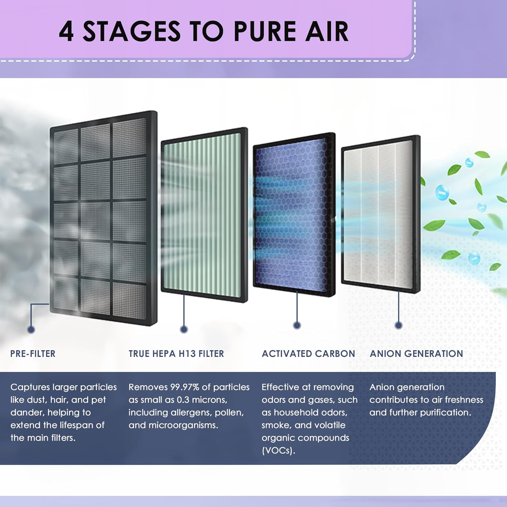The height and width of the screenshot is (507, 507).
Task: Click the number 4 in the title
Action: pyautogui.click(x=66, y=31)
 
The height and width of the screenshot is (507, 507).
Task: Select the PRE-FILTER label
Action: pyautogui.click(x=33, y=354)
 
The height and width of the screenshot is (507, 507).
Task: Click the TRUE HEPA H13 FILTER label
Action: pyautogui.click(x=176, y=354)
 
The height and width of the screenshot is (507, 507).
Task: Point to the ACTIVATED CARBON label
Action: pyautogui.click(x=308, y=354)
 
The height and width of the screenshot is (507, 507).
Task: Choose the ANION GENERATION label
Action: pyautogui.click(x=416, y=354)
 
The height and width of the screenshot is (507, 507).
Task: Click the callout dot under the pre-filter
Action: pyautogui.click(x=31, y=329)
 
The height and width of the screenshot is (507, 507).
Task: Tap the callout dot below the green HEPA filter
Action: pyautogui.click(x=184, y=329)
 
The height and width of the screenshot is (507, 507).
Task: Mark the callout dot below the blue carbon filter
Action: pyautogui.click(x=297, y=325)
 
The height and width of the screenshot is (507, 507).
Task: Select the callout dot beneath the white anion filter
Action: pyautogui.click(x=399, y=325)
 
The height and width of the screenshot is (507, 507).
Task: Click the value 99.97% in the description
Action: pyautogui.click(x=185, y=387)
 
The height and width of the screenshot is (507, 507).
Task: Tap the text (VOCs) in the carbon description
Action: pyautogui.click(x=279, y=451)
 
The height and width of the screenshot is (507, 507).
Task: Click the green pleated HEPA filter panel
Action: pyautogui.click(x=204, y=215)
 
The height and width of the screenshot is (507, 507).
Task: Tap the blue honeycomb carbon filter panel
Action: pyautogui.click(x=294, y=215)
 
